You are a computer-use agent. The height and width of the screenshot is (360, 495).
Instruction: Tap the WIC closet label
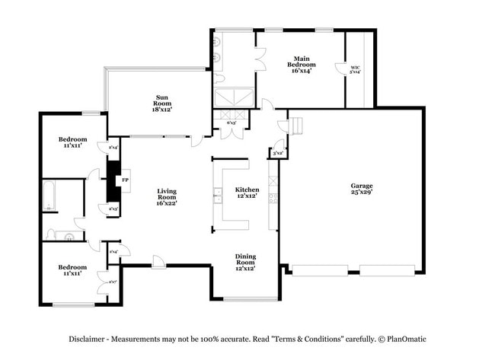tap(355, 68)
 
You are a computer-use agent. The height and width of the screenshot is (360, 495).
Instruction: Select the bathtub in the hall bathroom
tap(49, 196)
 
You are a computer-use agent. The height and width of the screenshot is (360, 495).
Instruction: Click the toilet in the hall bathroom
tap(53, 234)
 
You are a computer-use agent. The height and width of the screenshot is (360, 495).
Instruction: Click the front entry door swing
tap(158, 263)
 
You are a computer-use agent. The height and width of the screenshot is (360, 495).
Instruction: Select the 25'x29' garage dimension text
tap(361, 193)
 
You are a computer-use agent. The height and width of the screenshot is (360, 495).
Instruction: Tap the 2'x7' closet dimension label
tap(113, 281)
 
